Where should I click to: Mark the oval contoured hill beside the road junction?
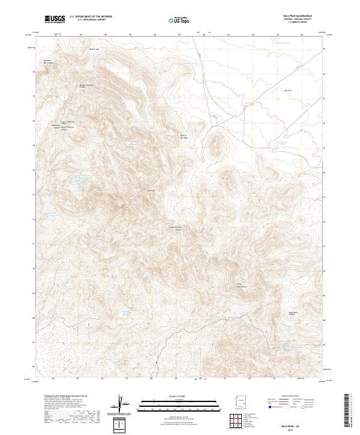pos(215,145)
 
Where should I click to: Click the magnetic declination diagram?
pos(122,404)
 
